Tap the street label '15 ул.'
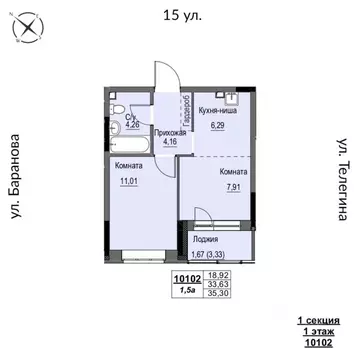pyautogui.click(x=179, y=14)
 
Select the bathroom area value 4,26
pyautogui.click(x=132, y=127)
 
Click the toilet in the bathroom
pyautogui.click(x=118, y=110)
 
